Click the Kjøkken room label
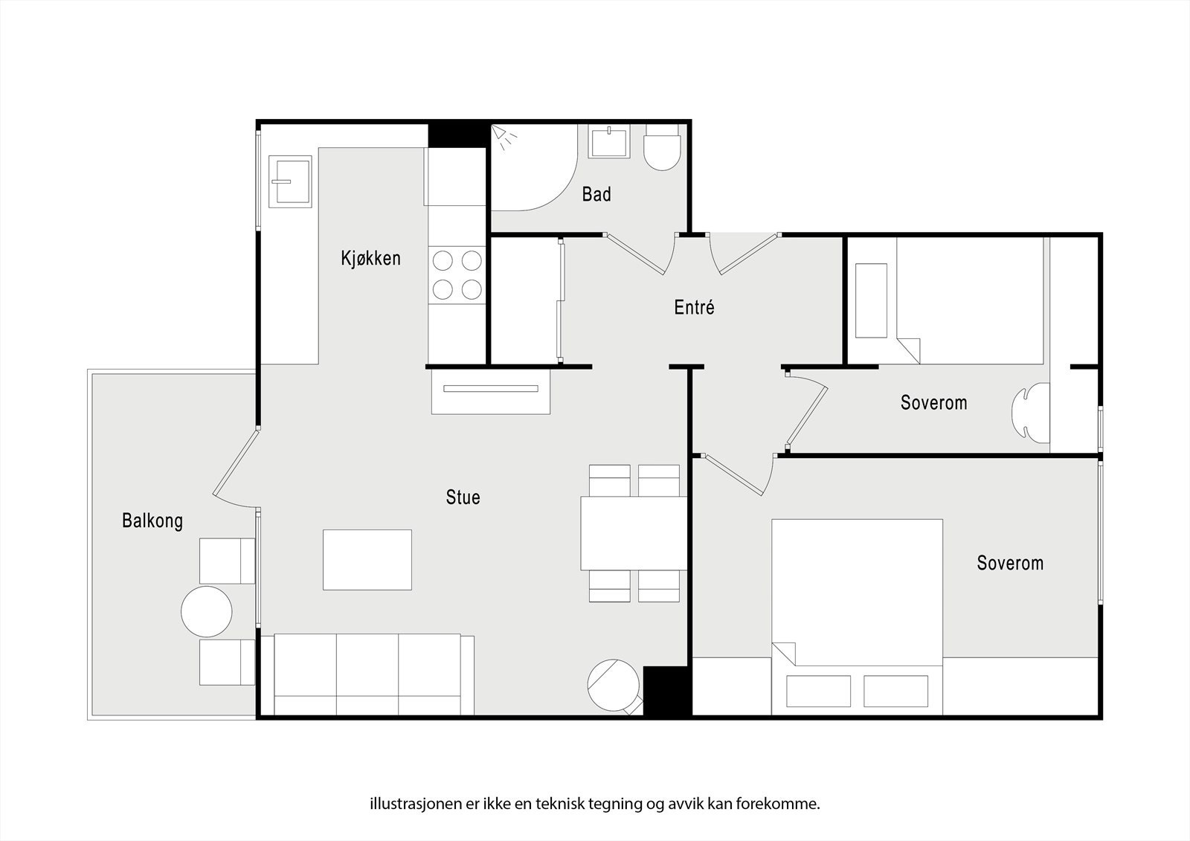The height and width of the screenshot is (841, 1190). click(370, 258)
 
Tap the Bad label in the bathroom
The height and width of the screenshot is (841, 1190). click(596, 194)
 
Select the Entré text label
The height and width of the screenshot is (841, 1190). click(694, 307)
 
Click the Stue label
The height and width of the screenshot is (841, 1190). click(463, 497)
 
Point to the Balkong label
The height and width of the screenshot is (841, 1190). click(152, 521)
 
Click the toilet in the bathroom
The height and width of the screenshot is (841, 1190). click(661, 148)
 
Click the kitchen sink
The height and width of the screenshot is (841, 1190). click(290, 181)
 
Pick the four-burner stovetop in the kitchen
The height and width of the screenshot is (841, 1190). click(457, 274)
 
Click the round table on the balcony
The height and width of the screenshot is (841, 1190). click(207, 611)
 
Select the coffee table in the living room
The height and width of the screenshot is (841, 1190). click(367, 559)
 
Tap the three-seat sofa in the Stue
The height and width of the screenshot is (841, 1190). click(373, 674)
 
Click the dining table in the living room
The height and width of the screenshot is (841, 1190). click(633, 533)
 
